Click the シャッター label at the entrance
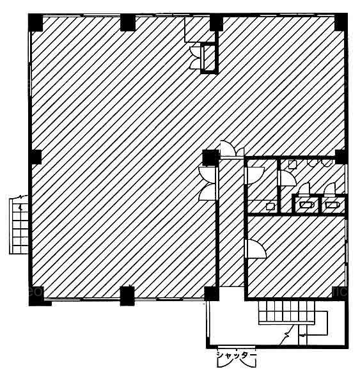tap(236, 355)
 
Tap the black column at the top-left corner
tap(36, 22)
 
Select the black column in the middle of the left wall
tap(35, 157)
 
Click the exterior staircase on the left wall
tap(19, 225)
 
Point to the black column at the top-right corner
tap(341, 22)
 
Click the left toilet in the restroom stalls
tap(306, 205)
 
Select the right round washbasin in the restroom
tap(326, 162)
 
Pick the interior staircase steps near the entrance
tap(286, 312)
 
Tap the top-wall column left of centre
tap(128, 22)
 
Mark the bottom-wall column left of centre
tap(127, 296)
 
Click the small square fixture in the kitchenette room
tap(270, 206)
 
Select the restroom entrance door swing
tap(288, 178)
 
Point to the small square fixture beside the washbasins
tap(292, 164)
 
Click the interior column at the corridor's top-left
tap(210, 157)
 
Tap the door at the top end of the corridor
tap(231, 150)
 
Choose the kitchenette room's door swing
tap(255, 176)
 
